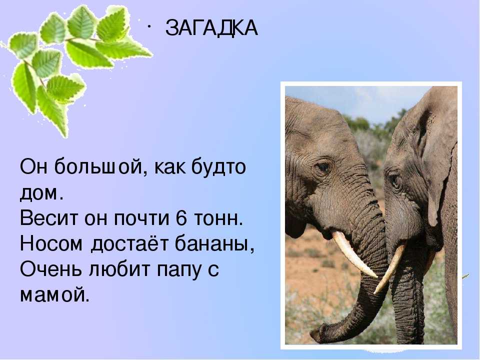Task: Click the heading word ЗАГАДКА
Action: (211, 28)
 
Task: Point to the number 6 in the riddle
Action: (181, 218)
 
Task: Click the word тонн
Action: (218, 218)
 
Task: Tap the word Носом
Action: (51, 244)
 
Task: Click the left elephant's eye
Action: (323, 167)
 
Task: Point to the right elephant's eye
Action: (395, 181)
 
